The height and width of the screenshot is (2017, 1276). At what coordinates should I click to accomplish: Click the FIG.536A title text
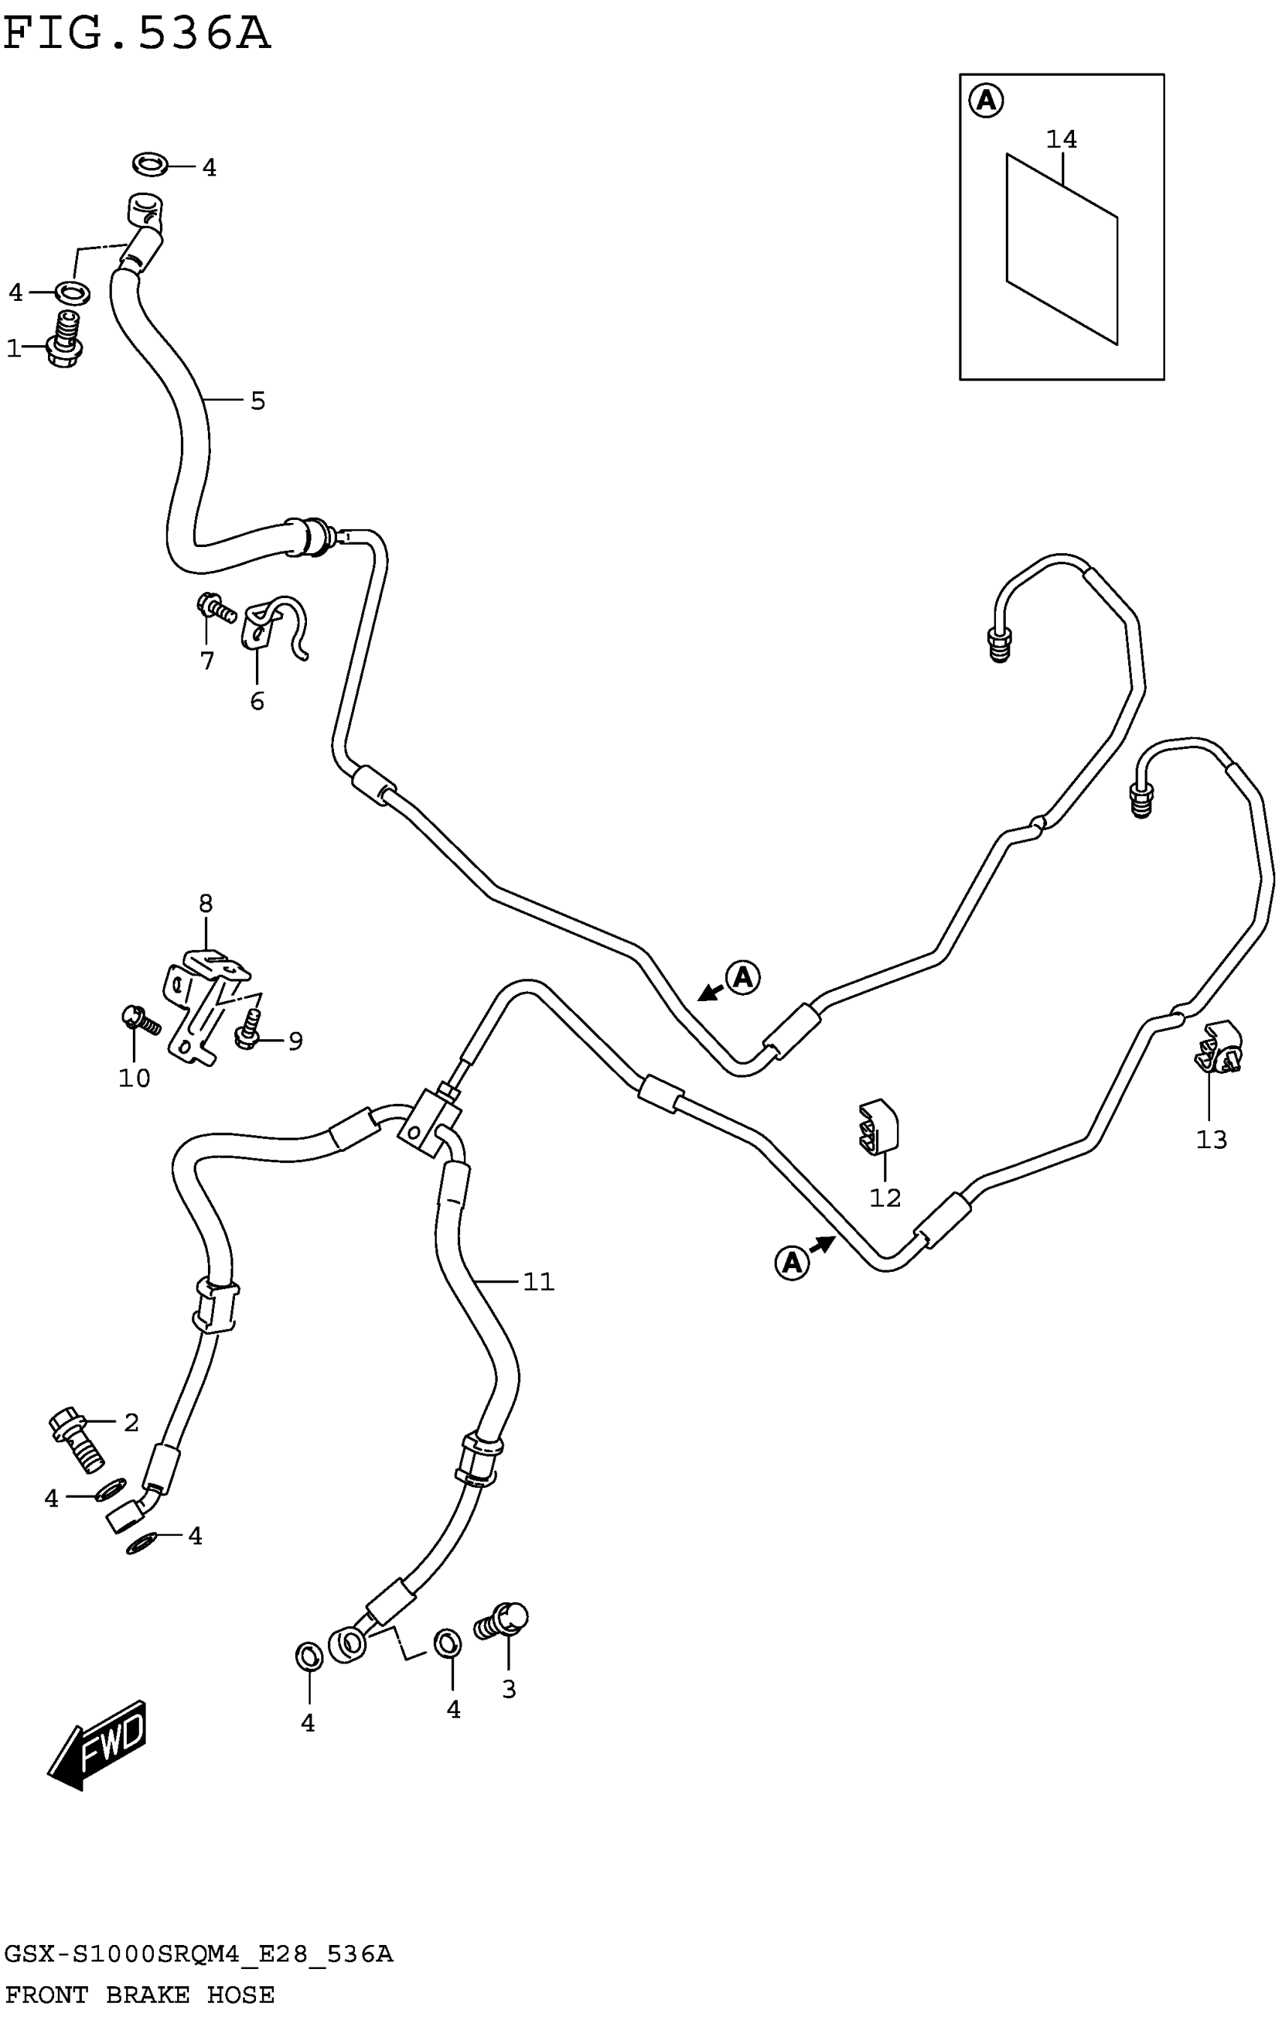[137, 35]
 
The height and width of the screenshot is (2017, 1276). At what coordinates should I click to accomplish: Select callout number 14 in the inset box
[1061, 139]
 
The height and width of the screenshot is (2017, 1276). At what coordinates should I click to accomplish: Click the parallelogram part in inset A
[1061, 249]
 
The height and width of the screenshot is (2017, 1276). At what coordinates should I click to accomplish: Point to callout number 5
[257, 401]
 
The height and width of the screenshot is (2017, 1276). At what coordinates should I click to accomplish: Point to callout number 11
[538, 1282]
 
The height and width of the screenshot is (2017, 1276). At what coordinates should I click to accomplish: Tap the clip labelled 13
[1219, 1048]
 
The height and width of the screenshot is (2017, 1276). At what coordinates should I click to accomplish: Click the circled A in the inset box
[986, 101]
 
